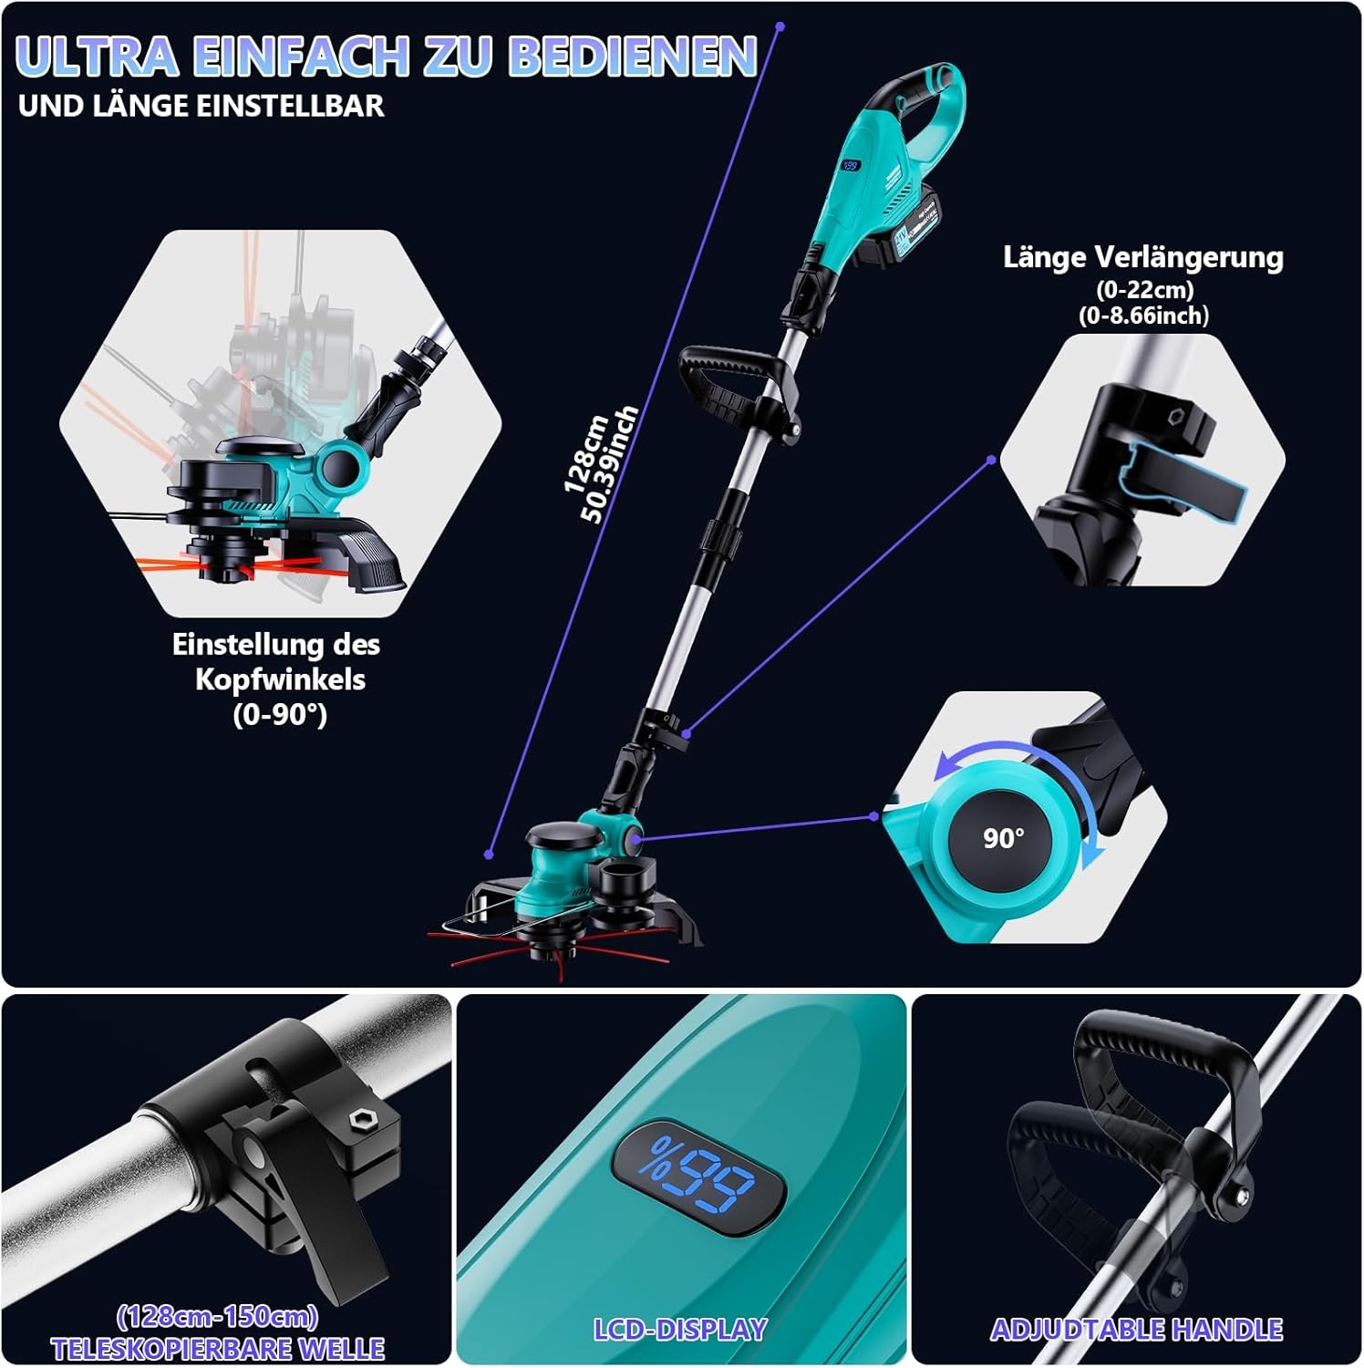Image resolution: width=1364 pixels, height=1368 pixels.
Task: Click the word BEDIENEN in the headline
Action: [632, 56]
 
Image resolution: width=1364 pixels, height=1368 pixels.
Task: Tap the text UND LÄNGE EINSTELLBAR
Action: [201, 106]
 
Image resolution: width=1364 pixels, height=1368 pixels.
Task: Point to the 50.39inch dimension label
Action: [610, 465]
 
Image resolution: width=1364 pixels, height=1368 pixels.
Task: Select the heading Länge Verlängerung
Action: [1143, 257]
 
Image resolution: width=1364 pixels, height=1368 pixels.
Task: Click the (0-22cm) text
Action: [1144, 290]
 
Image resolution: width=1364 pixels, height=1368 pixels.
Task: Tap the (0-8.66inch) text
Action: [1143, 316]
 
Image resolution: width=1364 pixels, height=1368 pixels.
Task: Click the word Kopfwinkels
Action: [280, 679]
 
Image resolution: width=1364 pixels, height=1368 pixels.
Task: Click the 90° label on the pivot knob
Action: [1003, 837]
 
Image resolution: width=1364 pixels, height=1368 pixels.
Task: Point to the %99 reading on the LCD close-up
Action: [697, 1176]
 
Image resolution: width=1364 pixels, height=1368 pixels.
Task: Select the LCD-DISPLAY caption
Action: [680, 1330]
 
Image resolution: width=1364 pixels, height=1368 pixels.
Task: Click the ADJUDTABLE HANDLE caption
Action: [1136, 1330]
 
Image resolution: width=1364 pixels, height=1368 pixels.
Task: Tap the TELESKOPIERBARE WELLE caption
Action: [218, 1349]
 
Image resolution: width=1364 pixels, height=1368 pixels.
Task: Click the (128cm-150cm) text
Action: [217, 1317]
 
